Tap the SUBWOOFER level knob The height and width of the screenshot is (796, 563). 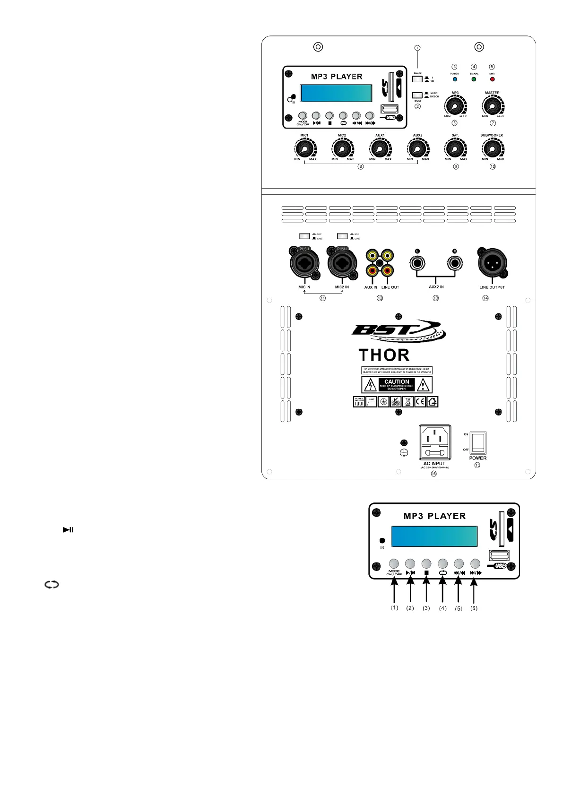[x=492, y=149]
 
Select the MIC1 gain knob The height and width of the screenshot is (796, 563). [x=305, y=149]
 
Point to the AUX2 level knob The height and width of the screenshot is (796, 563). [x=417, y=149]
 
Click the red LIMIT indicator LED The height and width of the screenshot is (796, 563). [x=492, y=79]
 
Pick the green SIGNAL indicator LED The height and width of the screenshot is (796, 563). [x=474, y=79]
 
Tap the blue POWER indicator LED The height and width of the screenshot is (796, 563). [x=455, y=79]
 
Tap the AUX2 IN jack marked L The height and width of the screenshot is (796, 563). [x=417, y=263]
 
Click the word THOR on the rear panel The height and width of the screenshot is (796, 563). [x=384, y=355]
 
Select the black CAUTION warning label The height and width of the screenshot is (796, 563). [x=397, y=385]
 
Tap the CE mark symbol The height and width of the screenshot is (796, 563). [x=420, y=402]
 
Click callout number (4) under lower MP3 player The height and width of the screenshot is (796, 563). [x=442, y=608]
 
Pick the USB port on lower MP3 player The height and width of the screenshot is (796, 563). [x=499, y=555]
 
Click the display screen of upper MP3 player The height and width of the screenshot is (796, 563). [x=336, y=93]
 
